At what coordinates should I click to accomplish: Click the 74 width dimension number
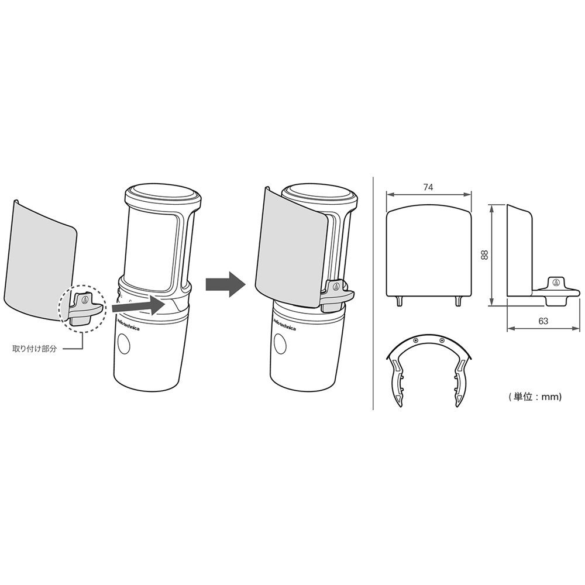pos(428,187)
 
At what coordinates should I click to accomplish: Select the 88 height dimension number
pos(484,255)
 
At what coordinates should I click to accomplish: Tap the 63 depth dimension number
pos(543,321)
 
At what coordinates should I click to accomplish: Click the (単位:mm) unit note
pos(535,397)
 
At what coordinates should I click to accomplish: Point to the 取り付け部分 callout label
pos(35,349)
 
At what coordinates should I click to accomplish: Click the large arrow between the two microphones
pos(226,284)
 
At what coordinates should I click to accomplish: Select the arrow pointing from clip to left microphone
pos(139,305)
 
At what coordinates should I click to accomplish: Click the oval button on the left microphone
pos(123,343)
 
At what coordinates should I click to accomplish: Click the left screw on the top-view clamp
pos(415,340)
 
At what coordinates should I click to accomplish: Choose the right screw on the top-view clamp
pos(442,340)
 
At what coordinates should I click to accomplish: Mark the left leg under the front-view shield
pos(400,301)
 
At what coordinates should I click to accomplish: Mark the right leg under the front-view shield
pos(458,301)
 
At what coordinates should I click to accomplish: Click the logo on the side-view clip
pos(556,282)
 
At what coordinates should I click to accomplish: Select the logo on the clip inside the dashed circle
pos(85,300)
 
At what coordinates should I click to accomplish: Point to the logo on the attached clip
pos(336,287)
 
